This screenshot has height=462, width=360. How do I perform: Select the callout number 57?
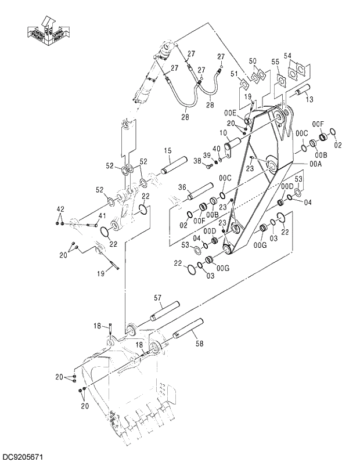pyautogui.click(x=157, y=297)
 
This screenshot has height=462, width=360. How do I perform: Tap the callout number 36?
pyautogui.click(x=182, y=187)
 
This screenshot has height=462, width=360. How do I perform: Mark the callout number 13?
pyautogui.click(x=309, y=100)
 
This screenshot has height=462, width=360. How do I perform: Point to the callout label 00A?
pyautogui.click(x=315, y=164)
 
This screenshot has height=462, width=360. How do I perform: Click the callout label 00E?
pyautogui.click(x=231, y=113)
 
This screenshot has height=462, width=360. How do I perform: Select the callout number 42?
pyautogui.click(x=60, y=209)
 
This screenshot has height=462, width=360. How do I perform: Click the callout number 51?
pyautogui.click(x=234, y=74)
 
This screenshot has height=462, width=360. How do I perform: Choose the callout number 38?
pyautogui.click(x=197, y=161)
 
